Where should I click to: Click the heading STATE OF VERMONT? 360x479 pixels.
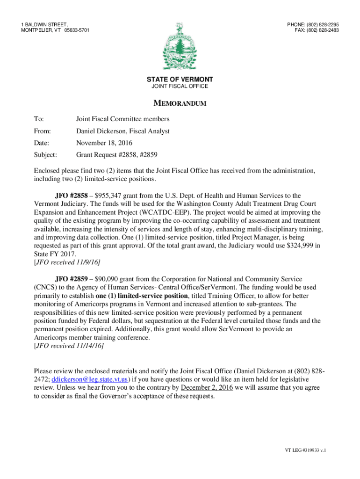coord(180,80)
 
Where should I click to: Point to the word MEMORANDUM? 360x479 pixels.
coord(180,103)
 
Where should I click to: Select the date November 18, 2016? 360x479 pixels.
coord(104,143)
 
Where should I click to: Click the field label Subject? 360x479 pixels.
coord(45,154)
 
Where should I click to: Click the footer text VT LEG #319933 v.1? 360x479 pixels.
coord(305,450)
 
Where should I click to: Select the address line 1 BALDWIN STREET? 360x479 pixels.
coord(44,24)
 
